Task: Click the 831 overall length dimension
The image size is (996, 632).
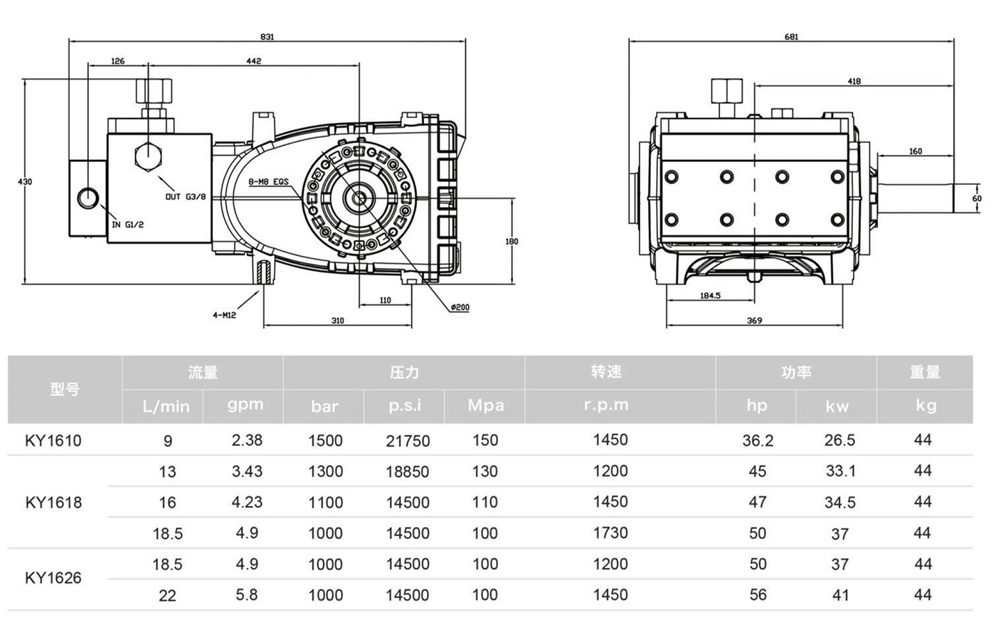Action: point(267,36)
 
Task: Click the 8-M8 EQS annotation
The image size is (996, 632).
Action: point(268,182)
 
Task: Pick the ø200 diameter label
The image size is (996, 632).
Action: point(460,308)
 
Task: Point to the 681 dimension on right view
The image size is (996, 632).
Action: point(791,37)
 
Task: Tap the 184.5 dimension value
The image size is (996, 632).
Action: point(710,295)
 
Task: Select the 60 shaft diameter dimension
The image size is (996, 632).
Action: point(977,198)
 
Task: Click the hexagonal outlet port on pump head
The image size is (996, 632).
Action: point(147,156)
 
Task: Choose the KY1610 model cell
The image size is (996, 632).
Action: point(53,441)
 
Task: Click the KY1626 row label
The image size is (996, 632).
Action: point(53,578)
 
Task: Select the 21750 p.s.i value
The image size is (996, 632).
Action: point(408,441)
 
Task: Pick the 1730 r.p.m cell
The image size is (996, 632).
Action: point(610,532)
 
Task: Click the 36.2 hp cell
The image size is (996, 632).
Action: point(757,441)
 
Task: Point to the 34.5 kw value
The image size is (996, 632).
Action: point(839,503)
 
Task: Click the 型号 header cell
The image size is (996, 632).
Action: point(65,389)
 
